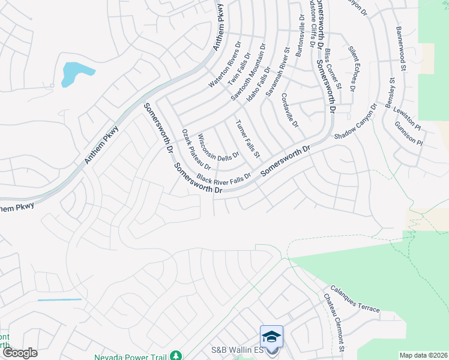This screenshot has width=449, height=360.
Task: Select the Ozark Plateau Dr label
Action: (196, 149)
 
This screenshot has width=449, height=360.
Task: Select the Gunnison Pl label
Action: (409, 134)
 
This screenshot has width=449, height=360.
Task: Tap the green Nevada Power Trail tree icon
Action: (175, 356)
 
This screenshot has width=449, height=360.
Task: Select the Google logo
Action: (20, 353)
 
